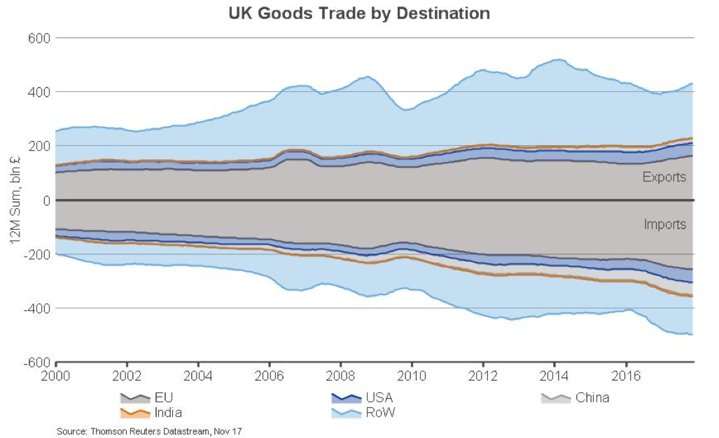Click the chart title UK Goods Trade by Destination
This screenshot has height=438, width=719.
(359, 13)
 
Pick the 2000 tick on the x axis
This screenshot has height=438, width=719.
(56, 374)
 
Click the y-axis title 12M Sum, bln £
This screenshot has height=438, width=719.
(15, 200)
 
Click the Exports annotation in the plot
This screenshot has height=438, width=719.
(664, 177)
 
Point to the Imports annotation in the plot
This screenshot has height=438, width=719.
(664, 225)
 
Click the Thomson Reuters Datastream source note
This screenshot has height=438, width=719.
(149, 431)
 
